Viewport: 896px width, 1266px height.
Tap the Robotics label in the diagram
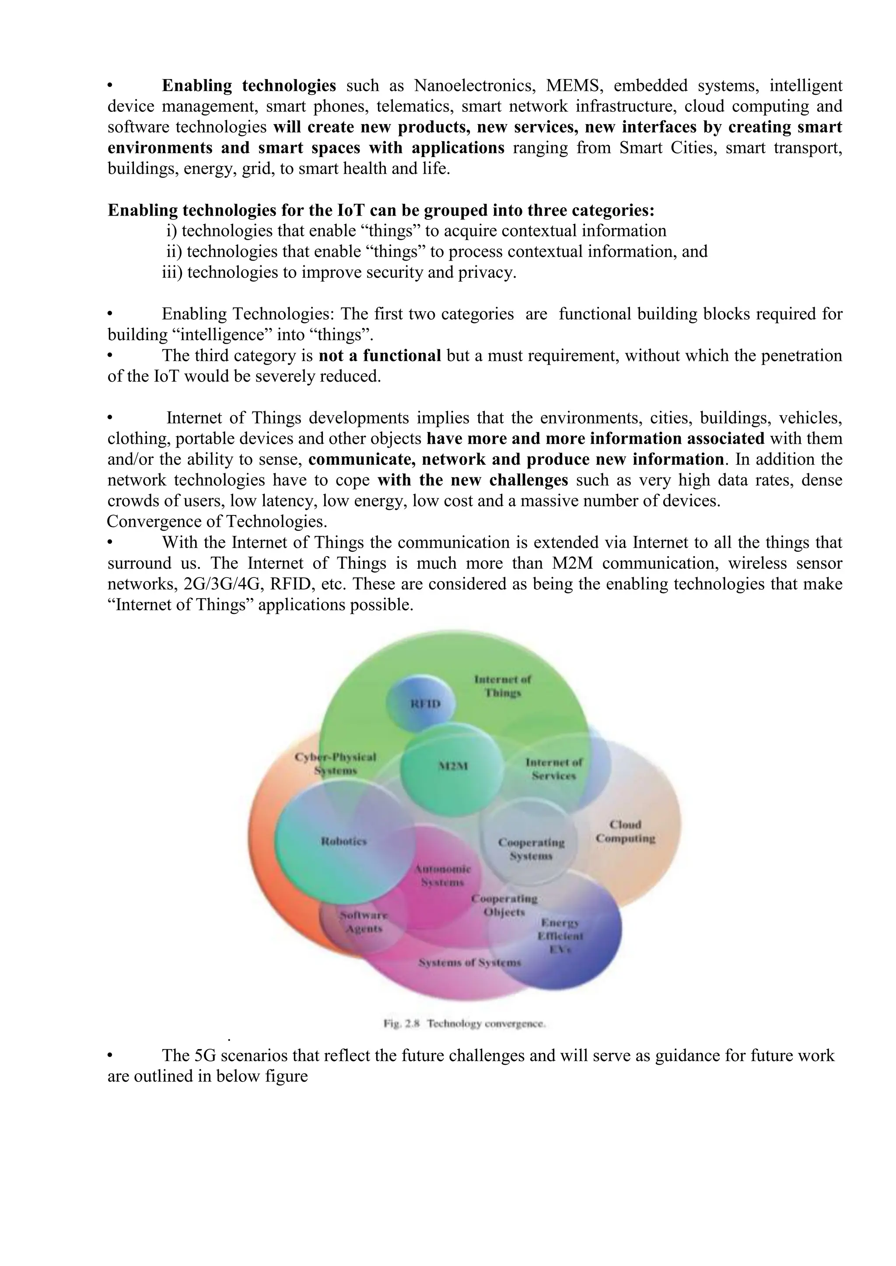click(x=344, y=842)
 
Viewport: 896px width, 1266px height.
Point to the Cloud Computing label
click(x=625, y=831)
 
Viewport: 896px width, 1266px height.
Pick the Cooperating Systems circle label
click(x=531, y=849)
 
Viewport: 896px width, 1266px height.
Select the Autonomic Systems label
click(x=442, y=876)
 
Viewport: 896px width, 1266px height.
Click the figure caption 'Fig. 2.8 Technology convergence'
click(x=465, y=1024)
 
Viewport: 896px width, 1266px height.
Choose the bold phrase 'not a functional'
click(x=380, y=356)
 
